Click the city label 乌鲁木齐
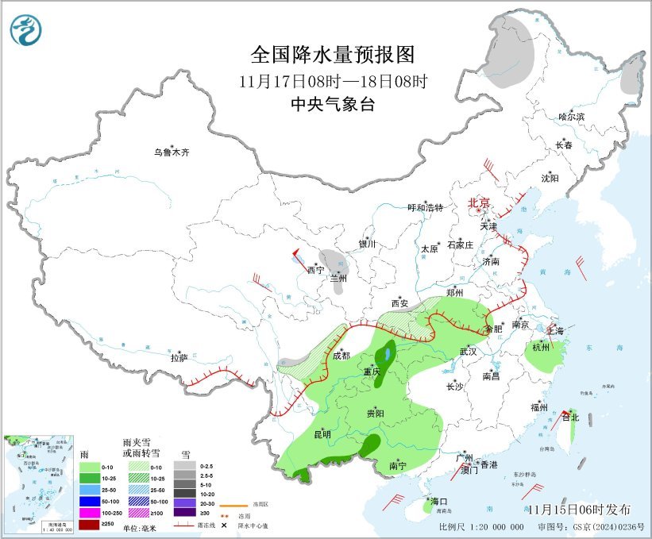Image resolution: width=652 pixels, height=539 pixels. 172,152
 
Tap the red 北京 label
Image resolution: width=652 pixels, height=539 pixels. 479,202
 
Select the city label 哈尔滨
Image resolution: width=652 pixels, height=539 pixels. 571,117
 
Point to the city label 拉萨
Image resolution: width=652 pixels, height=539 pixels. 179,358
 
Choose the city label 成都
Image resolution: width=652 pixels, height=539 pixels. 341,355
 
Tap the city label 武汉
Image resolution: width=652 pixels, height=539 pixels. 467,351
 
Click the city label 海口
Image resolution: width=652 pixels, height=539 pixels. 440,502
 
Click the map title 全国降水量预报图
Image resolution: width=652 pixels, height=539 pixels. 333,55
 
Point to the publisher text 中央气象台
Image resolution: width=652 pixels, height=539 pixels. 333,104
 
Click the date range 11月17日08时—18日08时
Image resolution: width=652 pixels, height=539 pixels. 333,81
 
